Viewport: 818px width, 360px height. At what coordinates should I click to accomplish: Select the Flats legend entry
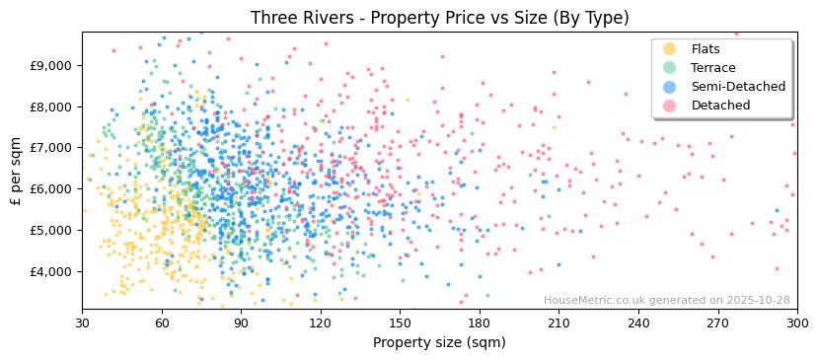pyautogui.click(x=706, y=49)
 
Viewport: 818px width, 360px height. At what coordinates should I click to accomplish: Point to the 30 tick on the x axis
pyautogui.click(x=82, y=323)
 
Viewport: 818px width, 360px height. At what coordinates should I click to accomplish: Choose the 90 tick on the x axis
pyautogui.click(x=241, y=323)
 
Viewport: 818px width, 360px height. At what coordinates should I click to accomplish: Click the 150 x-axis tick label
pyautogui.click(x=400, y=323)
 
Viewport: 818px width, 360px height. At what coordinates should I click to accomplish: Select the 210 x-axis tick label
pyautogui.click(x=558, y=323)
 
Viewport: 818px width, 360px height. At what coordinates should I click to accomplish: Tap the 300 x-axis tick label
pyautogui.click(x=796, y=323)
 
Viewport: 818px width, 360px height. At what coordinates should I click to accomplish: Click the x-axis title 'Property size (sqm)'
pyautogui.click(x=439, y=343)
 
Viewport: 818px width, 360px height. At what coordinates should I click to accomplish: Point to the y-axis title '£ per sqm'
pyautogui.click(x=16, y=171)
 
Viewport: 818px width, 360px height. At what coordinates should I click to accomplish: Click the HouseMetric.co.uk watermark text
pyautogui.click(x=666, y=301)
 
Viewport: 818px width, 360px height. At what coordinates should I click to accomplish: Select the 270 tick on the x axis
pyautogui.click(x=717, y=323)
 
